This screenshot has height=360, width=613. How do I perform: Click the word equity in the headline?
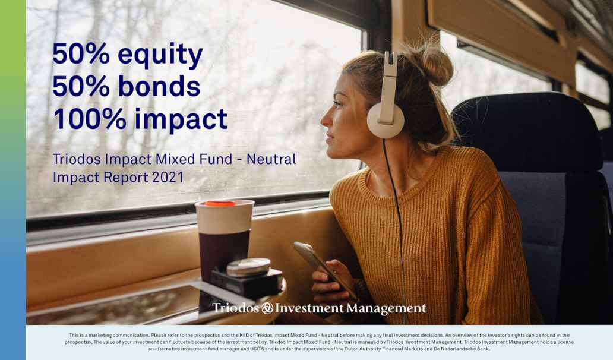coord(160,55)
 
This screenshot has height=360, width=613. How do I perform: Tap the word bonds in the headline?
coord(160,86)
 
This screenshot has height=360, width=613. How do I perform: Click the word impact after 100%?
coord(181,120)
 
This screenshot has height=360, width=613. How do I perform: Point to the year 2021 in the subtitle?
coord(168,178)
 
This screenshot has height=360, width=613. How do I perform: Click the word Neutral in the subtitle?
coord(271,159)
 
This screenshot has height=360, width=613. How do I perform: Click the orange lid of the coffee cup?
coord(220,203)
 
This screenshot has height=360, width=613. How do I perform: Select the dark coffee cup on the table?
coord(225,239)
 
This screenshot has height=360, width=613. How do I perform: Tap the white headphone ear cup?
coord(385,119)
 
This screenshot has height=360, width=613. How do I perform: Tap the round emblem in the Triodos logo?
coord(267,308)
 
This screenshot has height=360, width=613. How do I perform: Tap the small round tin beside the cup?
coord(248,267)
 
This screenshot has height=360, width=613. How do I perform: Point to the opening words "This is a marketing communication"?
coord(109,336)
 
